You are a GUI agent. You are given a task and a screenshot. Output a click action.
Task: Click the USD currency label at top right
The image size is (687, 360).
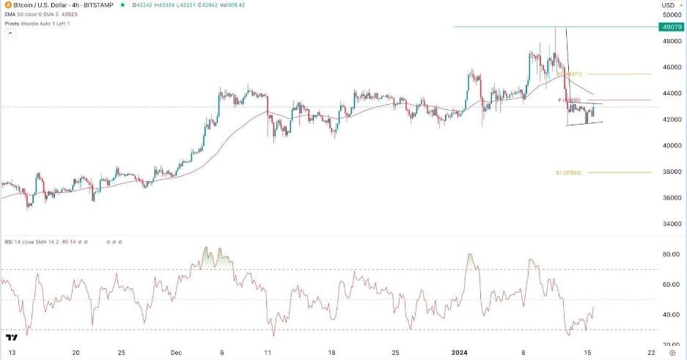[x=669, y=6]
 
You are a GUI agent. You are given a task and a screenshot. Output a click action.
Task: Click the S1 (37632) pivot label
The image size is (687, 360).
[x=569, y=173]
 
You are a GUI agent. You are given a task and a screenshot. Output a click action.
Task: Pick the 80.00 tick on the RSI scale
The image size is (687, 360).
[x=670, y=254]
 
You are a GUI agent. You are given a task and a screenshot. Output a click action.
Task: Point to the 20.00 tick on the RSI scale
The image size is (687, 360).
[x=670, y=345]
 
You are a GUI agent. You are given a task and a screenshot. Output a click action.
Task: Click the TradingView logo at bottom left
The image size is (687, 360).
[x=11, y=338]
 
